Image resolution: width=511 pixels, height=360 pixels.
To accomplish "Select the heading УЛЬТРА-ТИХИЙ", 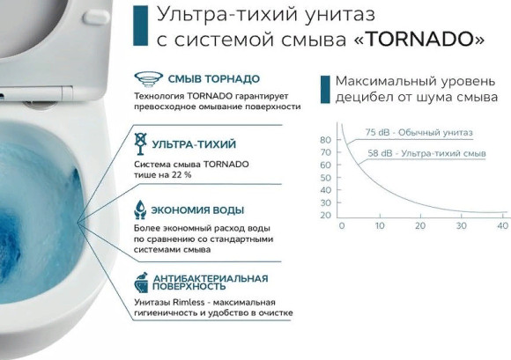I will coord(194,143).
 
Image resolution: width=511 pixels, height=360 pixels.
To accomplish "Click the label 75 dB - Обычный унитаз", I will coord(418,133).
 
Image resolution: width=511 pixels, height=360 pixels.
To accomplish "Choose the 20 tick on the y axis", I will coord(325,216).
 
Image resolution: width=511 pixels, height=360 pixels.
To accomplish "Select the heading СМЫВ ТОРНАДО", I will coord(198,77).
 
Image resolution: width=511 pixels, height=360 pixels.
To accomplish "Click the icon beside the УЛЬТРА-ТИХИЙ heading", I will coord(139,143).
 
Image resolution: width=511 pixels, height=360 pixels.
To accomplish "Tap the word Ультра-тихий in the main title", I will coord(204,14).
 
